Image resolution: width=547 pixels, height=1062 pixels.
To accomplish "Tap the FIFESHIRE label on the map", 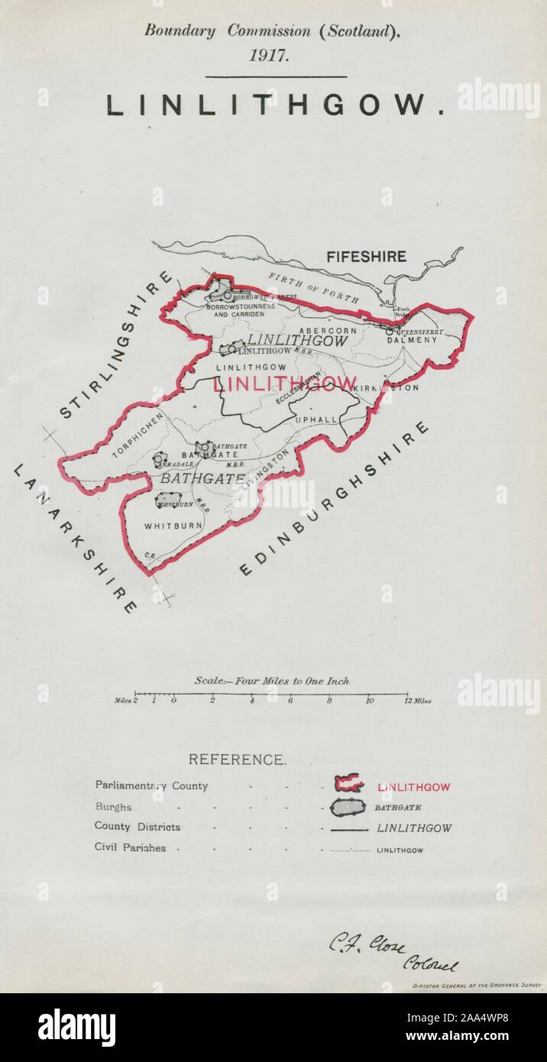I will pos(366,257).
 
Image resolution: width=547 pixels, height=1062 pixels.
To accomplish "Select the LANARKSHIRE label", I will pos(75,538).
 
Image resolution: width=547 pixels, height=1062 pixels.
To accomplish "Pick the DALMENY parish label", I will pos(413,340).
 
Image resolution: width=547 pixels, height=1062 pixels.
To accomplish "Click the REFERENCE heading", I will pos(237,759).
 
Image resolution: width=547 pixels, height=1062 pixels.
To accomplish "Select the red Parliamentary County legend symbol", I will pos(348,784).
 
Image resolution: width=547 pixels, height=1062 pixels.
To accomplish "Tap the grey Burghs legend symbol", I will pos(348,807).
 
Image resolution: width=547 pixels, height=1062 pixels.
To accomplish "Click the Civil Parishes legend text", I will pos(130,847).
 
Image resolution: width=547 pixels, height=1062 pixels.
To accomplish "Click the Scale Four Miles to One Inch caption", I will pos(271,681).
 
